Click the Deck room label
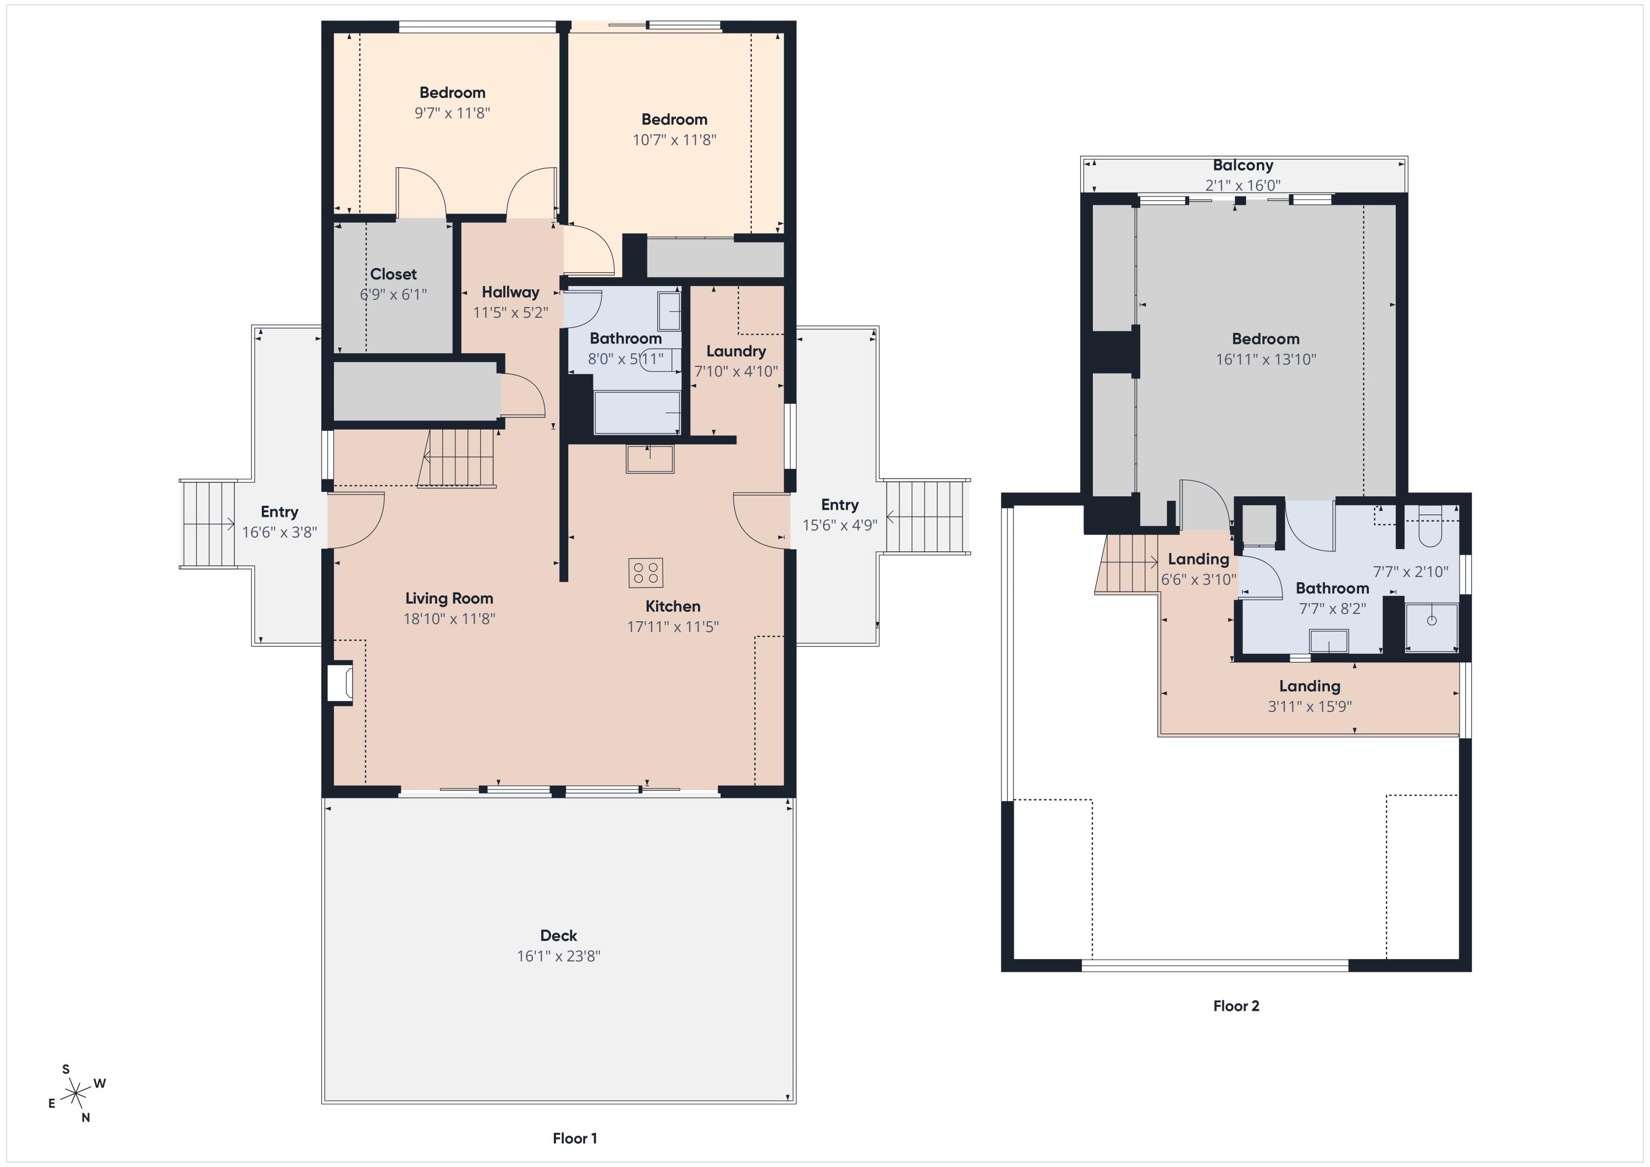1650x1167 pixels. pyautogui.click(x=558, y=935)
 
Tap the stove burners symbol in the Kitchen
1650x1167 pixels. pyautogui.click(x=645, y=573)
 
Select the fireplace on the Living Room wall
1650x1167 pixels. pyautogui.click(x=340, y=682)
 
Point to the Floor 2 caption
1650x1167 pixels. pyautogui.click(x=1236, y=1006)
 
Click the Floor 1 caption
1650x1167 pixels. pyautogui.click(x=574, y=1138)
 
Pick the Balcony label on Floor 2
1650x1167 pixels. pyautogui.click(x=1242, y=166)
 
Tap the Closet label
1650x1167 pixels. pyautogui.click(x=393, y=274)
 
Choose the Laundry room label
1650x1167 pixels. pyautogui.click(x=736, y=351)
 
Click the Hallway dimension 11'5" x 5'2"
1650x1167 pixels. pyautogui.click(x=510, y=312)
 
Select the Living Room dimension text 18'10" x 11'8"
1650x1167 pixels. pyautogui.click(x=449, y=618)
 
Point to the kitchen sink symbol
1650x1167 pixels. pyautogui.click(x=650, y=459)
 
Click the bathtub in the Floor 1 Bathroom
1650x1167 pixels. pyautogui.click(x=637, y=413)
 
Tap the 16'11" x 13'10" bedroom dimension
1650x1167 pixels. pyautogui.click(x=1266, y=359)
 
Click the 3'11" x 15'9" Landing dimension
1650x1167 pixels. pyautogui.click(x=1310, y=706)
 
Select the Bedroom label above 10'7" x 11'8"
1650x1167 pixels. pyautogui.click(x=674, y=119)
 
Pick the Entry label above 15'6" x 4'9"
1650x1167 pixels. pyautogui.click(x=839, y=505)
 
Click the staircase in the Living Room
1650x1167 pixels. pyautogui.click(x=457, y=458)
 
